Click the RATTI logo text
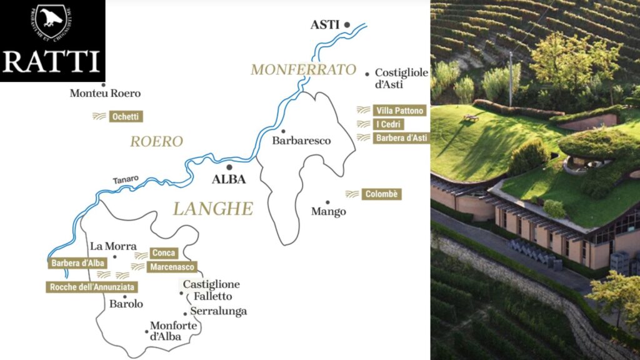[x=52, y=62]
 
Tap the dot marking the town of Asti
[x=347, y=25]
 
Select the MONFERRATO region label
[x=303, y=69]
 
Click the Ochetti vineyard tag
[x=126, y=116]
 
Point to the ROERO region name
[x=156, y=142]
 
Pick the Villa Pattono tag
[x=400, y=111]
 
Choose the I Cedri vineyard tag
[x=389, y=124]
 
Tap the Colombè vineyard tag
[x=381, y=194]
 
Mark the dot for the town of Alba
[x=229, y=167]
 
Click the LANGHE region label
[x=213, y=209]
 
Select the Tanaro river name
[x=126, y=179]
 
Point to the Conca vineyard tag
[x=164, y=253]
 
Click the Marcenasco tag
[x=172, y=267]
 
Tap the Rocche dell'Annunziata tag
[x=91, y=287]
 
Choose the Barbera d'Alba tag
[x=77, y=263]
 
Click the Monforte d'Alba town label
[x=174, y=331]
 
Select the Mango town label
[x=328, y=212]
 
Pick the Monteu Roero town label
[x=105, y=94]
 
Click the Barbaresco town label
[x=301, y=141]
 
